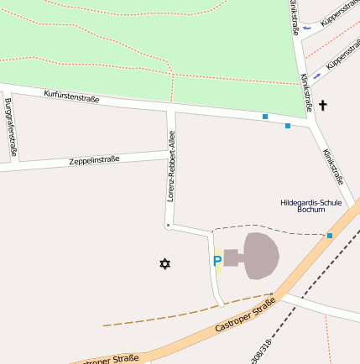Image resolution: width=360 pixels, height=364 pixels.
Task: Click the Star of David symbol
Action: pyautogui.click(x=164, y=264)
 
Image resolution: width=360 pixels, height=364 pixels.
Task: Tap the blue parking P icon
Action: pyautogui.click(x=217, y=263)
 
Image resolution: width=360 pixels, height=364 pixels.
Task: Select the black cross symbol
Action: pyautogui.click(x=323, y=106)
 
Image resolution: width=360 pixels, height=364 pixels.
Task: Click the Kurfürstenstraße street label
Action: pyautogui.click(x=72, y=97)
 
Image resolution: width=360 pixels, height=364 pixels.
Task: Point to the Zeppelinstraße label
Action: pyautogui.click(x=94, y=159)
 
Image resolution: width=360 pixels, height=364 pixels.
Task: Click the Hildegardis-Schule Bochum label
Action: pyautogui.click(x=310, y=205)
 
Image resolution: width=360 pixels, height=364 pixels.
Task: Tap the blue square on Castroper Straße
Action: pyautogui.click(x=330, y=236)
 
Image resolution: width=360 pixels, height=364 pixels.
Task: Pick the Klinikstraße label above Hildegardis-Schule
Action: pyautogui.click(x=333, y=166)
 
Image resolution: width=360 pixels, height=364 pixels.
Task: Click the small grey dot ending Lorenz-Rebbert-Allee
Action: pyautogui.click(x=168, y=226)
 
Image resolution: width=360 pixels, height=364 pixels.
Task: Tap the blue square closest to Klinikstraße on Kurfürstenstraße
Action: pyautogui.click(x=288, y=126)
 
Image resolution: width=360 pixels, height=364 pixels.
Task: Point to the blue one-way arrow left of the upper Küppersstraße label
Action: pyautogui.click(x=307, y=26)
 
